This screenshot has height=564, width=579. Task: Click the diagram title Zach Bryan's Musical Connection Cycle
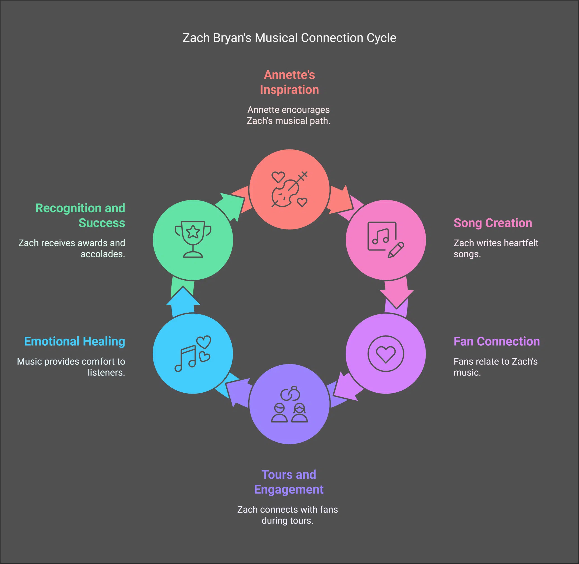click(289, 38)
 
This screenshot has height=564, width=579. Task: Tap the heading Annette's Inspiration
click(289, 82)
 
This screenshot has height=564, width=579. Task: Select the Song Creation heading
click(492, 223)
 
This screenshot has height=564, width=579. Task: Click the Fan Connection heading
click(496, 342)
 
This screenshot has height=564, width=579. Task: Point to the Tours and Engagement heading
click(289, 482)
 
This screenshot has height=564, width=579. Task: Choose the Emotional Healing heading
click(75, 342)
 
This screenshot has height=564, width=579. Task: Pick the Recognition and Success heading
click(80, 215)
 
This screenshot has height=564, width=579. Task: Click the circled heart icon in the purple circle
click(385, 353)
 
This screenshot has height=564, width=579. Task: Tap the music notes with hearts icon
click(193, 353)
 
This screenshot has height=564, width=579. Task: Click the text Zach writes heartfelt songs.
click(496, 248)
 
